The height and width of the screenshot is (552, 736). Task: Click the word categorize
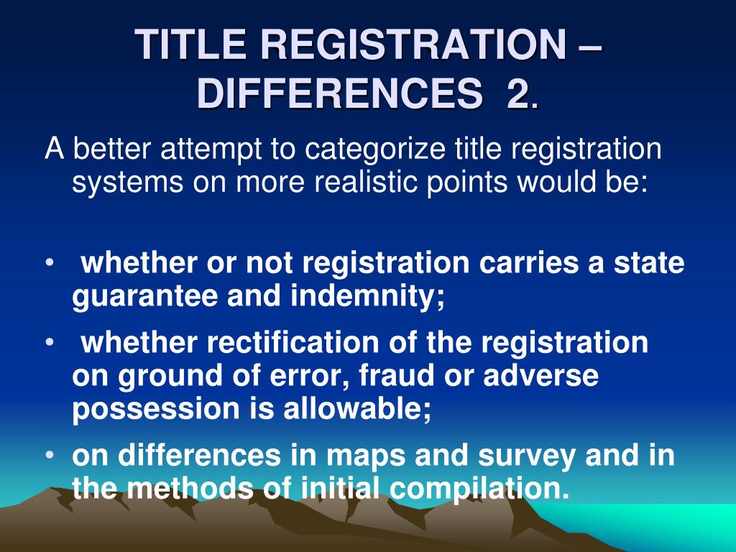374,151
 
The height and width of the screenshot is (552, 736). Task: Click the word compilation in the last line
477,489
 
